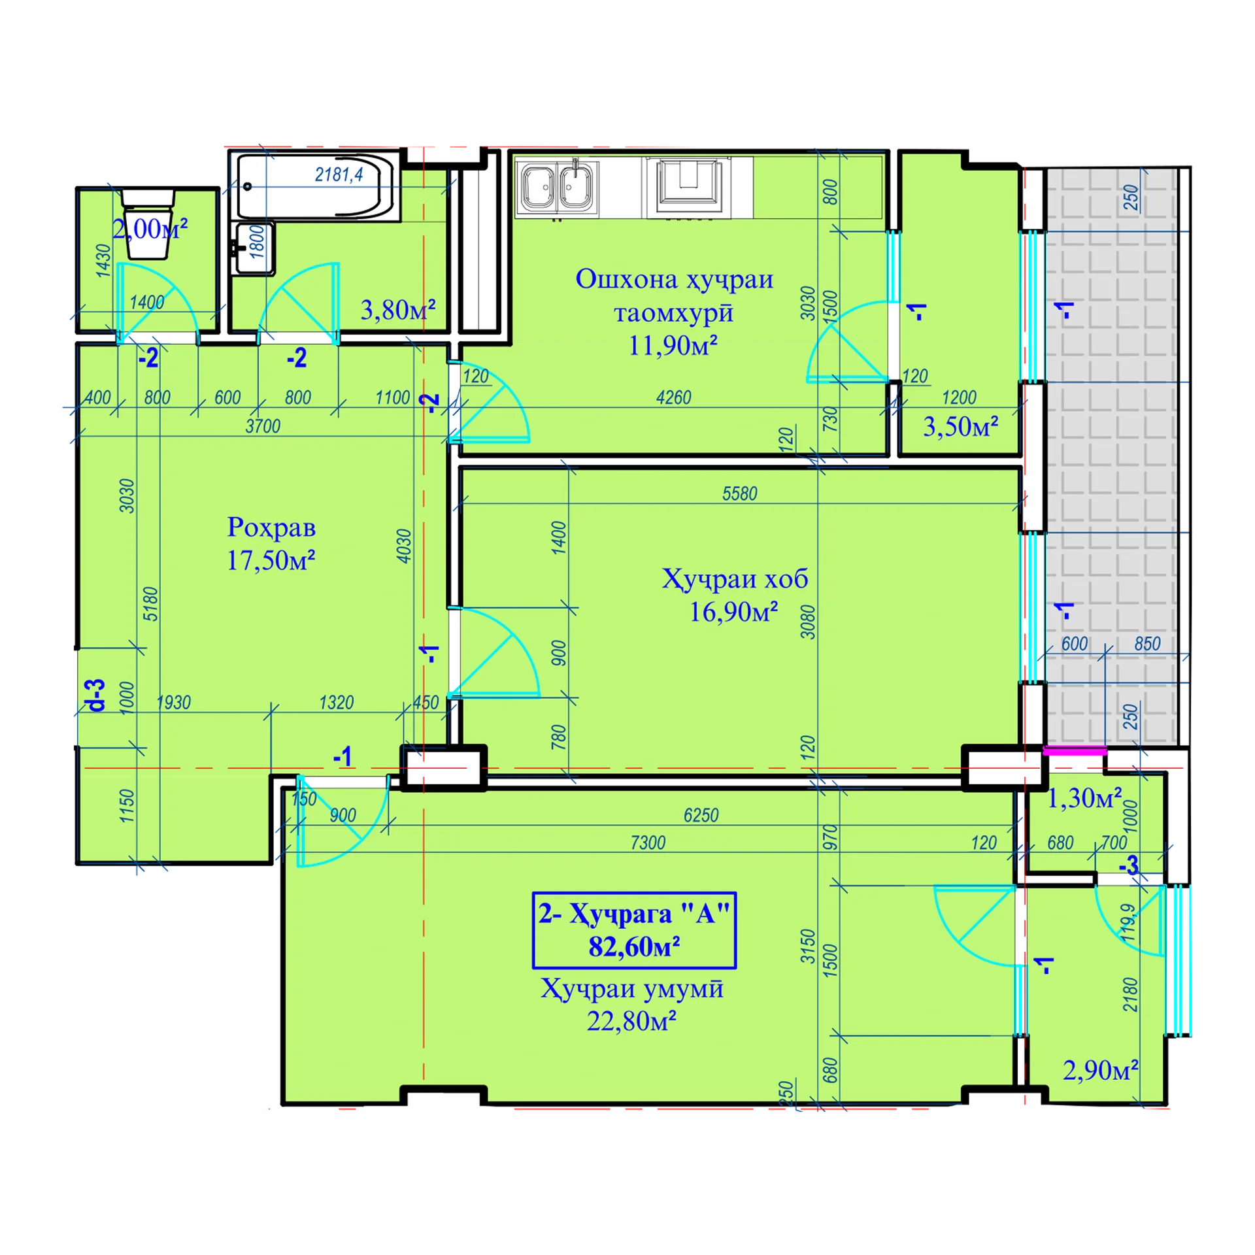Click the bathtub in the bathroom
(x=316, y=187)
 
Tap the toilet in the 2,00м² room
(x=148, y=223)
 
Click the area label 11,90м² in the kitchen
(x=673, y=345)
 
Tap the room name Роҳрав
(x=271, y=527)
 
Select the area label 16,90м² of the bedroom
(x=733, y=612)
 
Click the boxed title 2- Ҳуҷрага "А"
(x=634, y=929)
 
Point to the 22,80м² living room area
(x=631, y=1020)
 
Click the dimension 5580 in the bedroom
(x=739, y=494)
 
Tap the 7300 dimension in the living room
(x=648, y=843)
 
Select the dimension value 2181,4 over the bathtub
(x=339, y=175)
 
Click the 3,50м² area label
(x=960, y=426)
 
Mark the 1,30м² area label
(x=1084, y=797)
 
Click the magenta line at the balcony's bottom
(x=1074, y=750)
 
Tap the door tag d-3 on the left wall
(x=97, y=695)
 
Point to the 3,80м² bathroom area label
(x=398, y=310)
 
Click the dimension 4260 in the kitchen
(x=673, y=397)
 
